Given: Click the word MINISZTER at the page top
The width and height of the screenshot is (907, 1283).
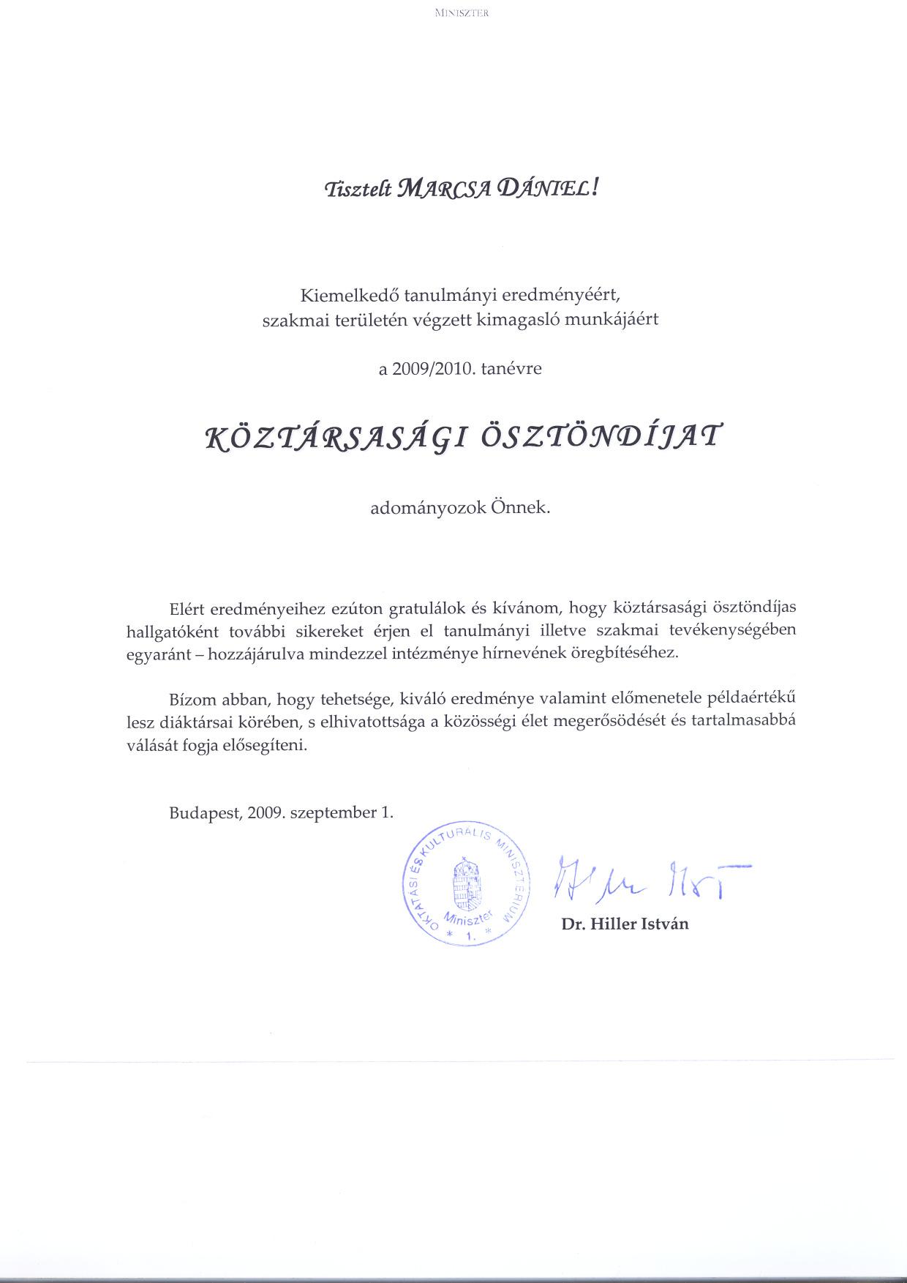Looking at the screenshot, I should [x=461, y=12].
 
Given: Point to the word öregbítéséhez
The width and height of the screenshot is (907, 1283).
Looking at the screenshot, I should [x=627, y=654].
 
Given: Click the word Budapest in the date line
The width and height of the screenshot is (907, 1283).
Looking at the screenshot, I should [x=203, y=812].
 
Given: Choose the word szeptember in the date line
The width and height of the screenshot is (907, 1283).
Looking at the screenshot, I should [x=334, y=812].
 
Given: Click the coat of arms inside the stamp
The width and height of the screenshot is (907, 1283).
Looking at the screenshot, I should [x=467, y=883].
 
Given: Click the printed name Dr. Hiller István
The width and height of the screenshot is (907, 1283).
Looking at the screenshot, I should [x=625, y=924].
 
